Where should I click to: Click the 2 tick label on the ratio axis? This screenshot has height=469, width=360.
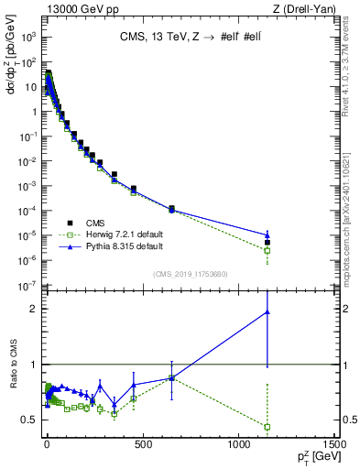coord(34,309)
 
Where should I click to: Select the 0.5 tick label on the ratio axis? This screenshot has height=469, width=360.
coord(29,420)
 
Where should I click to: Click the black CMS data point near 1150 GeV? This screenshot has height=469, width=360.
coord(267,243)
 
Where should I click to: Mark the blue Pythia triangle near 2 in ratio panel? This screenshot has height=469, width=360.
coord(267,311)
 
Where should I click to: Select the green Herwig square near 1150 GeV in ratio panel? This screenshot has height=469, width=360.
coord(267,427)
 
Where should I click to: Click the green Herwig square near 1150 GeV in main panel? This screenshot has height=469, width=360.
coord(267,250)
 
